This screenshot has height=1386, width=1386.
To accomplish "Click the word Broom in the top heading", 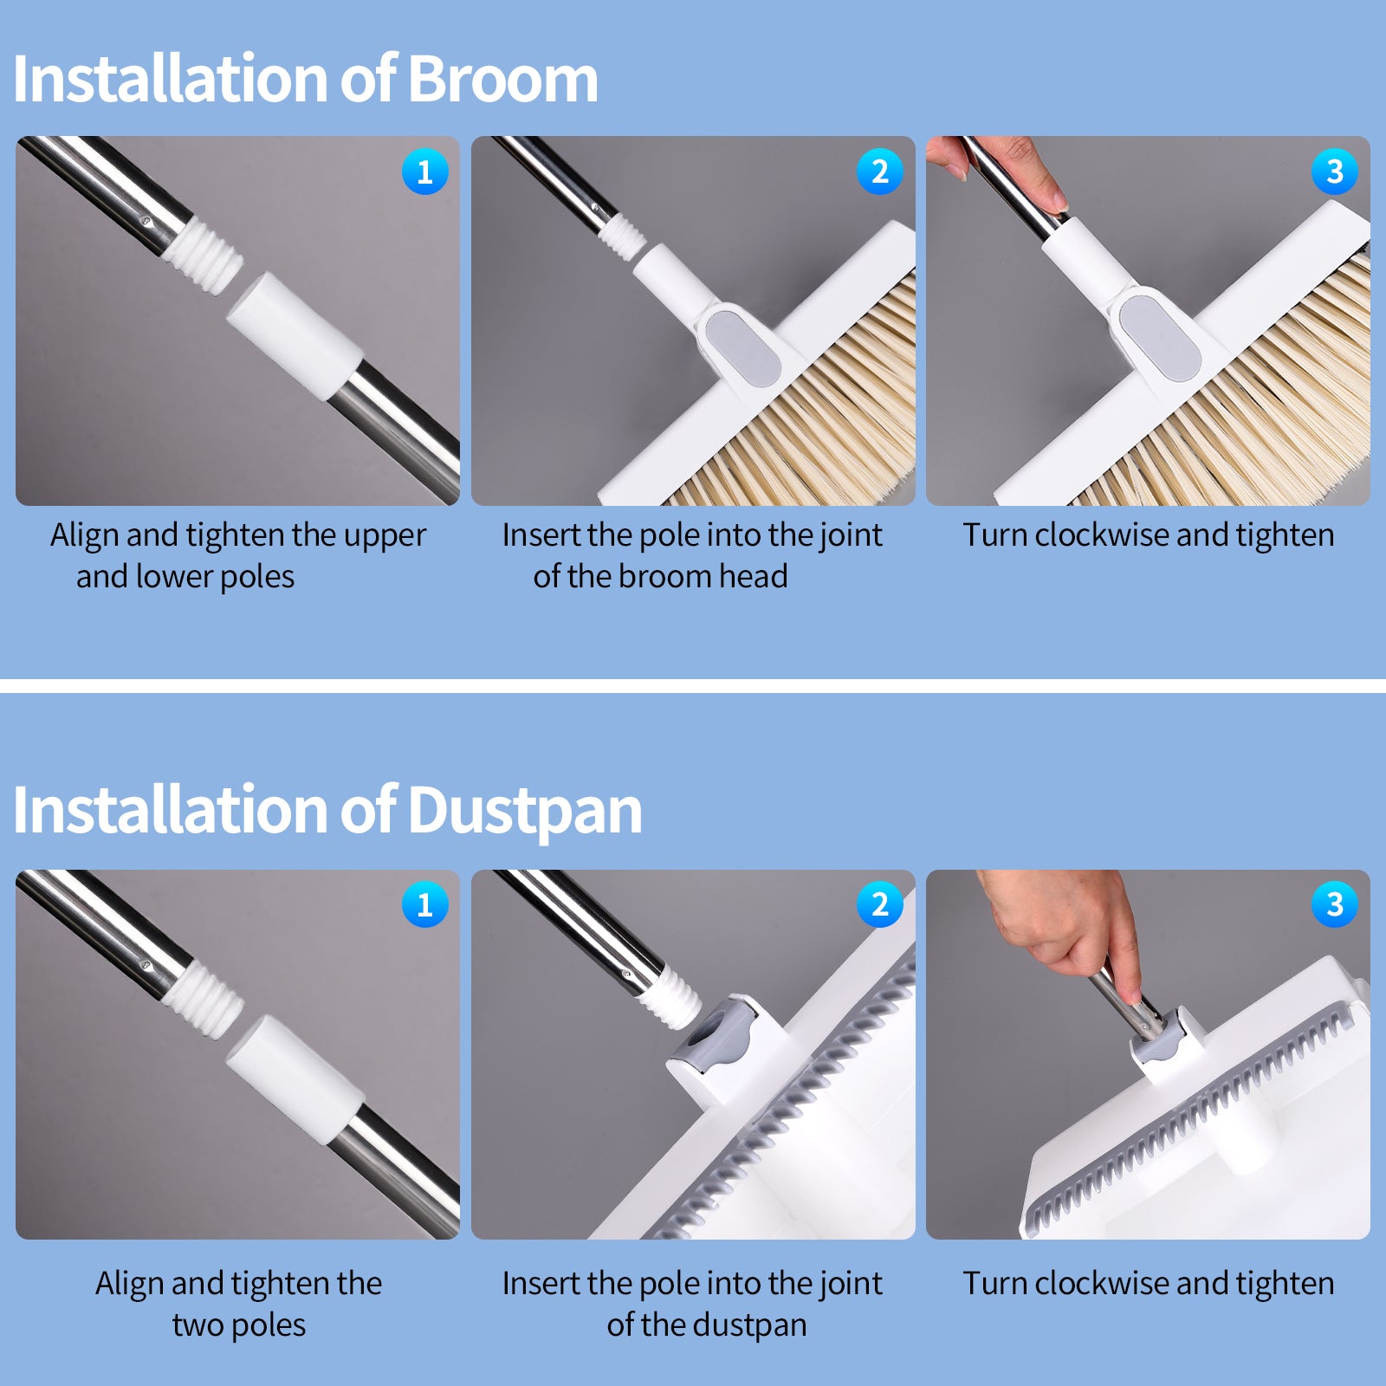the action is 502,79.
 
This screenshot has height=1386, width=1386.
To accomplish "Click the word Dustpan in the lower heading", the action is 525,811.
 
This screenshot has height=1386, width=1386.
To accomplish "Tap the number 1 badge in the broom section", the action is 425,172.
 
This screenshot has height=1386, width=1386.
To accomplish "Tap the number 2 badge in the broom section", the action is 880,172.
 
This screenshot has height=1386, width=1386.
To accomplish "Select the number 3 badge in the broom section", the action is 1335,172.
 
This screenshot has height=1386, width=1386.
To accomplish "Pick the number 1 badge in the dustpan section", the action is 425,904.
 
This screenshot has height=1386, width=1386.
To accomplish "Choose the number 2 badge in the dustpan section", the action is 880,904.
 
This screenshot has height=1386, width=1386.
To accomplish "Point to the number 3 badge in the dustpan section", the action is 1335,904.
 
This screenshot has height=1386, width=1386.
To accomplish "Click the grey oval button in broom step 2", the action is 742,348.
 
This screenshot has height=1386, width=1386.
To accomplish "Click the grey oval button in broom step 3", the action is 1159,338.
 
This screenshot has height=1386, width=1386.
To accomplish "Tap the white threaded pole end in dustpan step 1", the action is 204,998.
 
